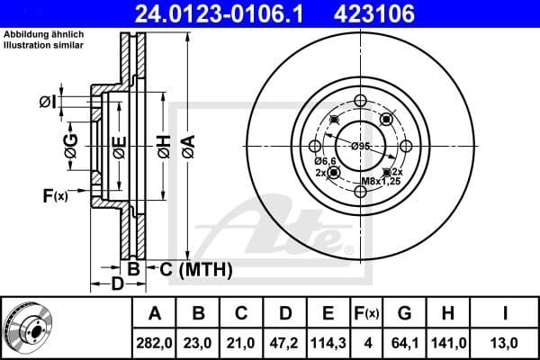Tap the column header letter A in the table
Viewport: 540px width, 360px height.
pos(154,314)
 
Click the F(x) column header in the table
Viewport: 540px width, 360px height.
pos(367,314)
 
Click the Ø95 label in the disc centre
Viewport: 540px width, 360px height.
pos(360,146)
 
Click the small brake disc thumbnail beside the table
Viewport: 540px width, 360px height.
pos(27,328)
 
